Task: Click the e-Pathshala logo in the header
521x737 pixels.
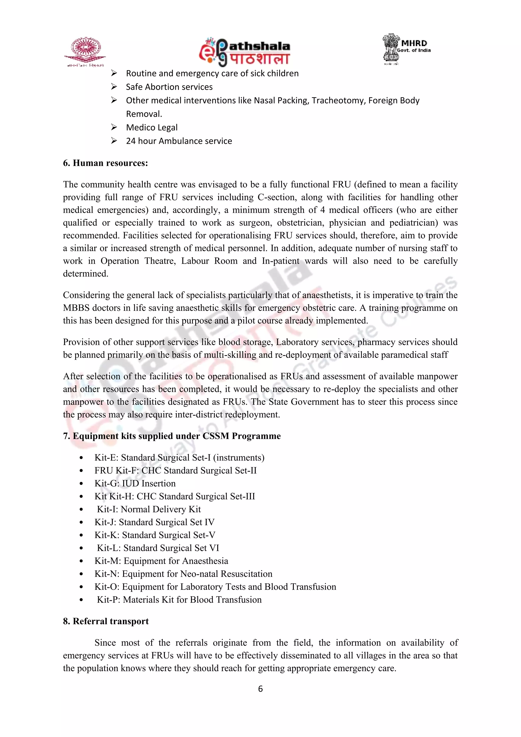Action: (x=244, y=52)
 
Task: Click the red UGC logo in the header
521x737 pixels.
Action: (x=85, y=51)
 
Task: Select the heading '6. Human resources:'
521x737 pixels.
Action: (x=105, y=163)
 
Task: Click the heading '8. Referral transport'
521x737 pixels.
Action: (x=106, y=621)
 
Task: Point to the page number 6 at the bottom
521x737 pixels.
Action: (x=260, y=689)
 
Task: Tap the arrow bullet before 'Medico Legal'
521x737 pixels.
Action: (x=114, y=127)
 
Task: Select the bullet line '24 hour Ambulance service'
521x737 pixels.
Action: (x=179, y=141)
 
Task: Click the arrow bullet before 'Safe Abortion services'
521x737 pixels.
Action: (x=114, y=87)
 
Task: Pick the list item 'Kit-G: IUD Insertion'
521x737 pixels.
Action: (x=135, y=484)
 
